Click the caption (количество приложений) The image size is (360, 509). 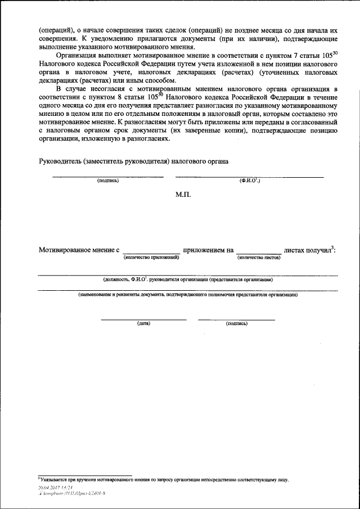pos(151,257)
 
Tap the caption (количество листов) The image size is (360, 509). pos(259,257)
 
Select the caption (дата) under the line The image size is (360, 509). pos(143,324)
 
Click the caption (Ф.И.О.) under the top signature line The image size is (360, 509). pos(249,181)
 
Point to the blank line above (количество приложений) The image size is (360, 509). pos(151,253)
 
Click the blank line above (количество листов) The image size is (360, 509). pos(258,253)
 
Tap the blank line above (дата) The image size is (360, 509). pos(143,319)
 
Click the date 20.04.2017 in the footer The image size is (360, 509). pos(48,487)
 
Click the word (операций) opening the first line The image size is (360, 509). pos(56,29)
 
